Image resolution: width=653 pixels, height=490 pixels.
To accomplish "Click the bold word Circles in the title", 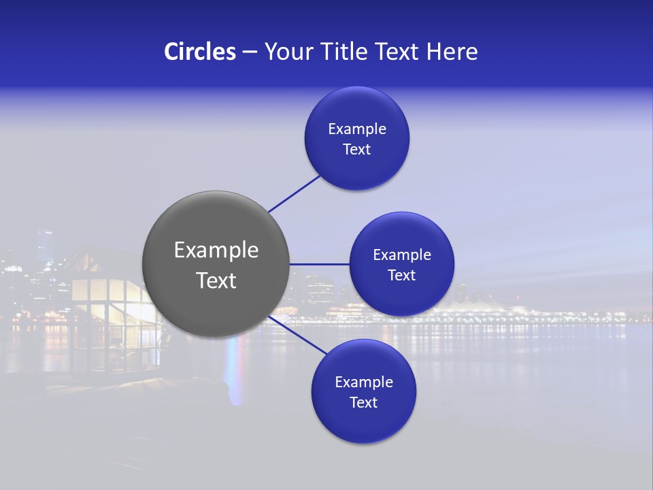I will [x=199, y=52].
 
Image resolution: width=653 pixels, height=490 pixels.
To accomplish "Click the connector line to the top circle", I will [x=295, y=194].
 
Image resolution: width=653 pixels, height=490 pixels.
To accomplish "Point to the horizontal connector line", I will [x=319, y=264].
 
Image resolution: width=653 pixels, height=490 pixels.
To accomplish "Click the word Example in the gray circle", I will [x=216, y=250].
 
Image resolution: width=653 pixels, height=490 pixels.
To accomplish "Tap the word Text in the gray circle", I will [x=216, y=280].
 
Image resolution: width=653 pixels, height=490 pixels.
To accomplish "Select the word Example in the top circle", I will [x=357, y=129].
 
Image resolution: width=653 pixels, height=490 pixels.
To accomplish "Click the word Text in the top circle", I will [x=357, y=150].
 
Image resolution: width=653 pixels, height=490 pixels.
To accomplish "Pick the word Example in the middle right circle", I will [x=402, y=255].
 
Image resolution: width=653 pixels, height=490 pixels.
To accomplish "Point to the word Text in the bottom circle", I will [x=364, y=403].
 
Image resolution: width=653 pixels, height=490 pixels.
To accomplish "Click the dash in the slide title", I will [x=250, y=52].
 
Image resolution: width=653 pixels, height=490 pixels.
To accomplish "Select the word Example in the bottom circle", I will [x=364, y=382].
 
